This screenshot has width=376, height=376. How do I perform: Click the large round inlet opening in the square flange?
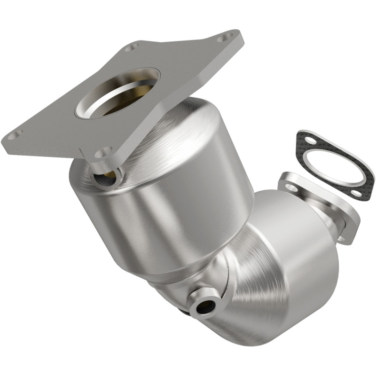117,92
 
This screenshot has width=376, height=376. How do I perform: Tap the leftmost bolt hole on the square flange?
15,135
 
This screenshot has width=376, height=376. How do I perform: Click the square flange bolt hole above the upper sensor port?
103,153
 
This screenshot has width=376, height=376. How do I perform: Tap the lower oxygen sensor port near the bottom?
206,306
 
